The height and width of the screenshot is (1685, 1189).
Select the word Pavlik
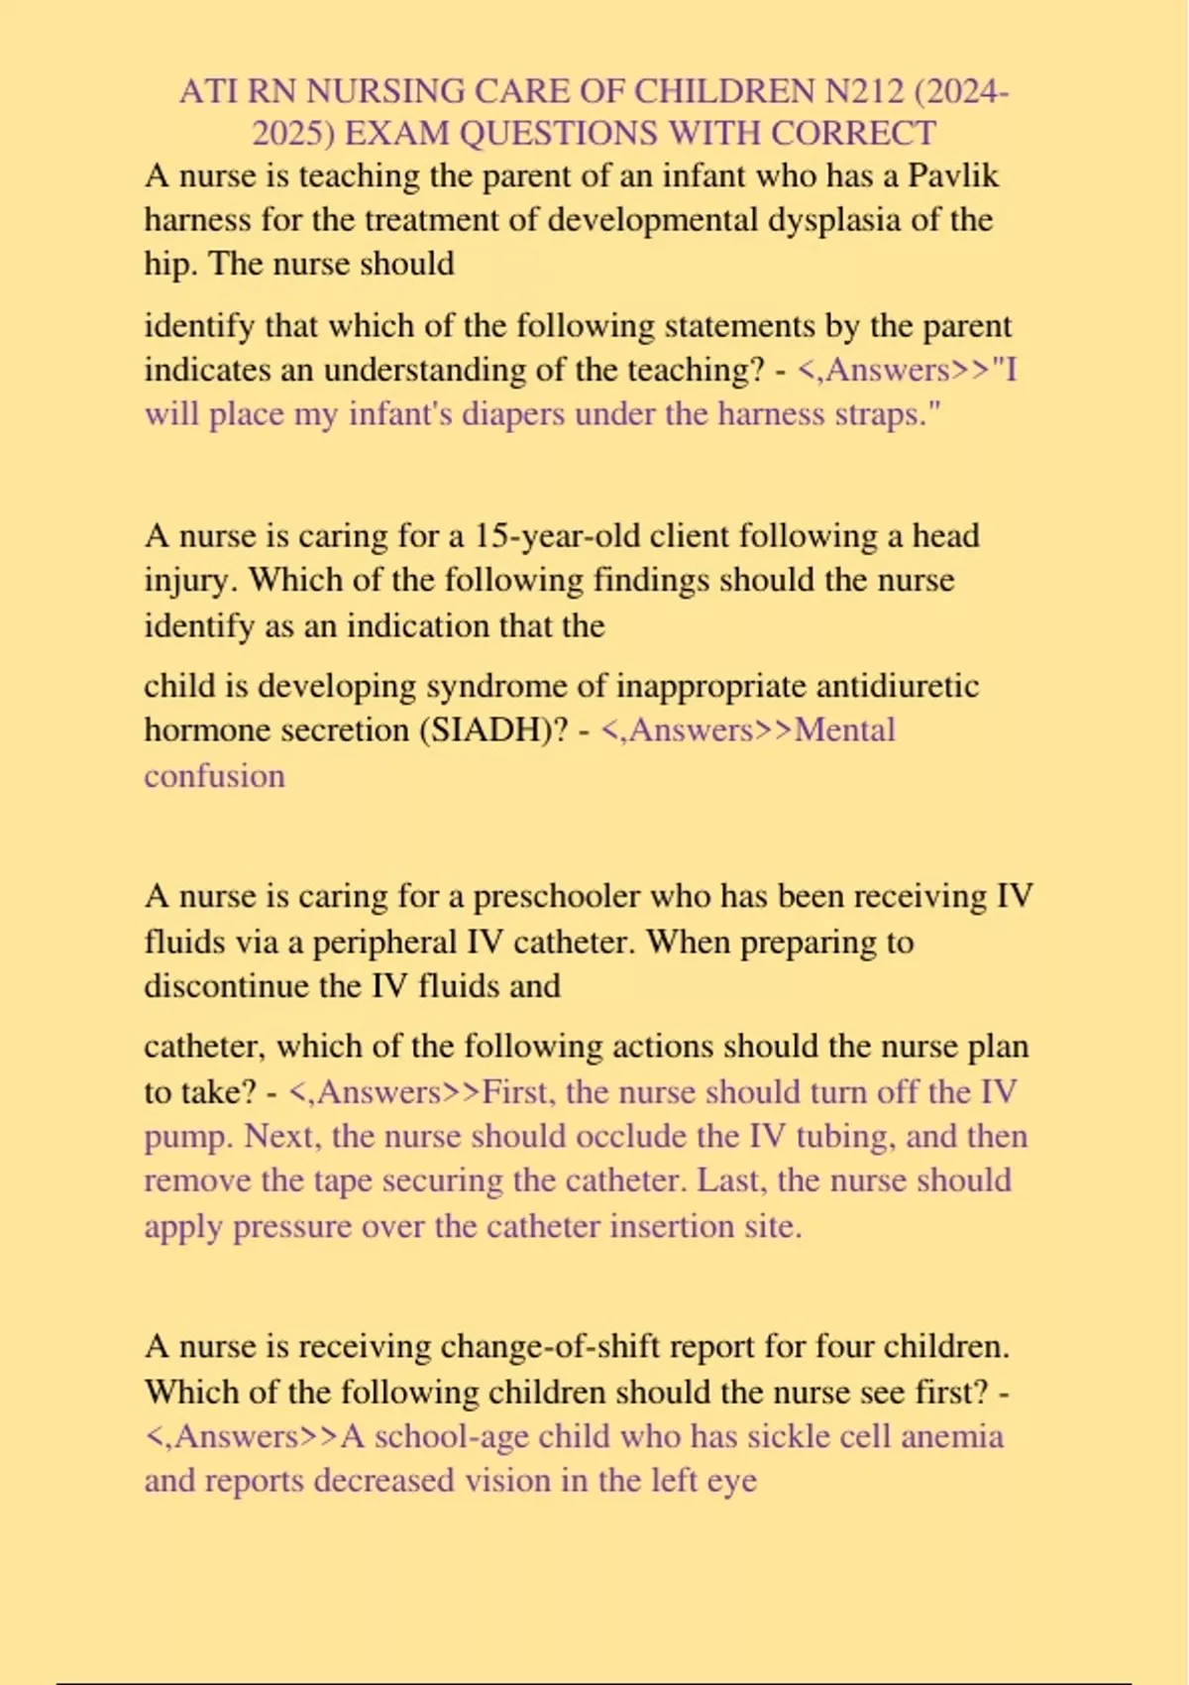pyautogui.click(x=953, y=176)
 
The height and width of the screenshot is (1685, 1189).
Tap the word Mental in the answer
pyautogui.click(x=844, y=730)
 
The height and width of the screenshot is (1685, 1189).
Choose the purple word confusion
pyautogui.click(x=214, y=775)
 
